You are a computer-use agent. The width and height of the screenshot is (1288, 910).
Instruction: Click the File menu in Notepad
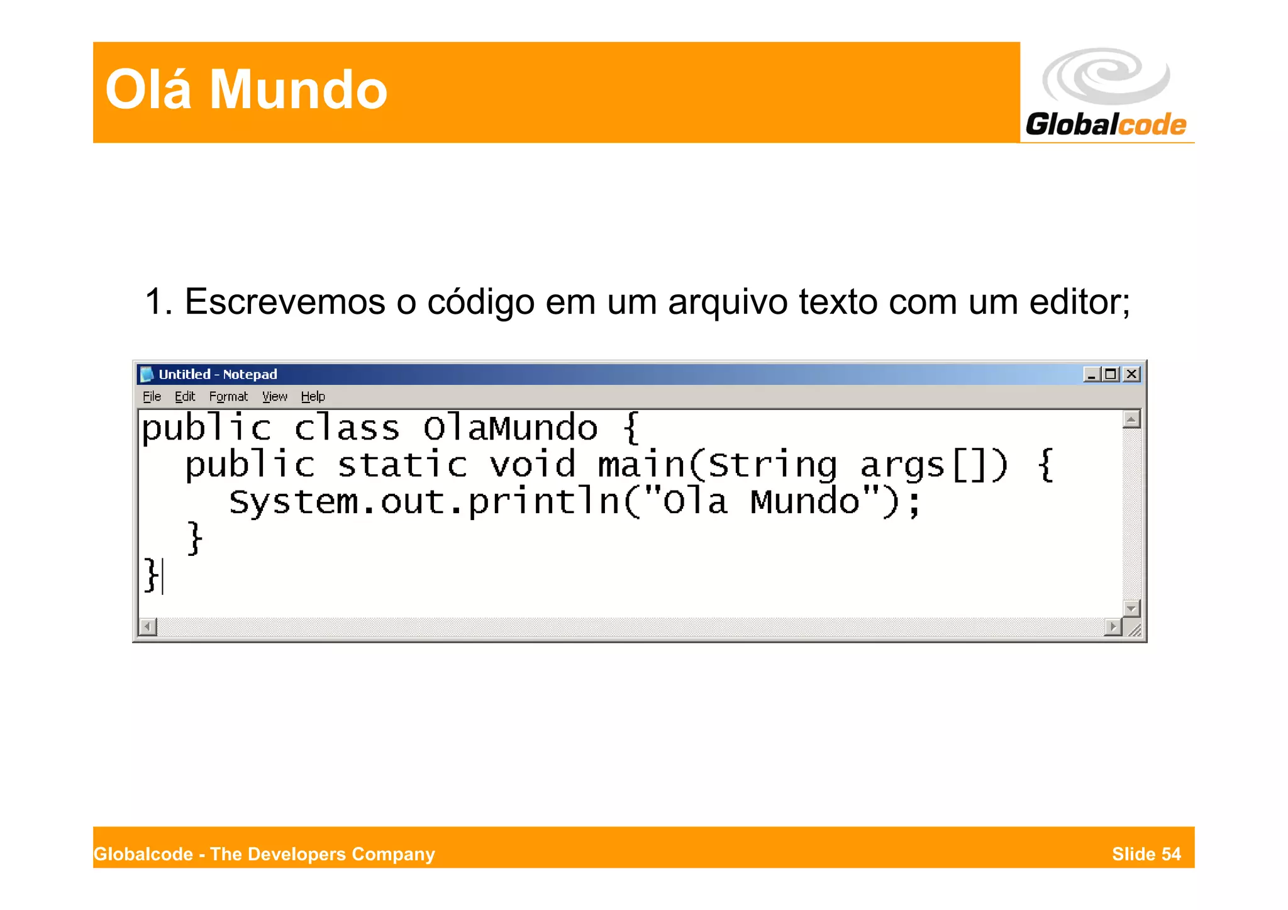(152, 397)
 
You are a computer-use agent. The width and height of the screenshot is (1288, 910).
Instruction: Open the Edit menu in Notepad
(185, 397)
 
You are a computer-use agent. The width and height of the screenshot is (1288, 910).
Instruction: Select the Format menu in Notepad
(228, 397)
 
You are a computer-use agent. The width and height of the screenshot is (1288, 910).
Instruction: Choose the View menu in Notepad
(275, 397)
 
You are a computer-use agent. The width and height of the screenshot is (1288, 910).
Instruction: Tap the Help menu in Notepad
(313, 397)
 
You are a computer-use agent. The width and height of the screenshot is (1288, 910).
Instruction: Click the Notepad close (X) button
(1131, 374)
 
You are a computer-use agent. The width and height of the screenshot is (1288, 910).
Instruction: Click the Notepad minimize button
(1091, 374)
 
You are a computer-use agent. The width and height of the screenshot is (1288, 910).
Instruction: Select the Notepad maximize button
(1111, 374)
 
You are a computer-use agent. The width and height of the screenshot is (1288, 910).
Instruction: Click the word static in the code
(402, 465)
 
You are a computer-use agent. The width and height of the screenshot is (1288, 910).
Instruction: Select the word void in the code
(532, 465)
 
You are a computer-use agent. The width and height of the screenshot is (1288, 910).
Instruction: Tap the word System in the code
(293, 502)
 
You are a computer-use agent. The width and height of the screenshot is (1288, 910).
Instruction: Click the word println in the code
(544, 502)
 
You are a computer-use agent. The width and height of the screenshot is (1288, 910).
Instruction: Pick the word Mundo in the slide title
(298, 90)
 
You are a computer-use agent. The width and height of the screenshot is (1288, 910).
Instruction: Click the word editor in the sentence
(1079, 302)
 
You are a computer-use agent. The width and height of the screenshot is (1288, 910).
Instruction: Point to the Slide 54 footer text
(1146, 854)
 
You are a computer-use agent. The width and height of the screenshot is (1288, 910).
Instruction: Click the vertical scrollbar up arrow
(1131, 419)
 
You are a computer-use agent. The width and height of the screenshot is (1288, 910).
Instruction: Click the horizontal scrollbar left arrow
(148, 627)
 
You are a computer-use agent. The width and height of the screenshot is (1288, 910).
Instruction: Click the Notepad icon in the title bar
(147, 374)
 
